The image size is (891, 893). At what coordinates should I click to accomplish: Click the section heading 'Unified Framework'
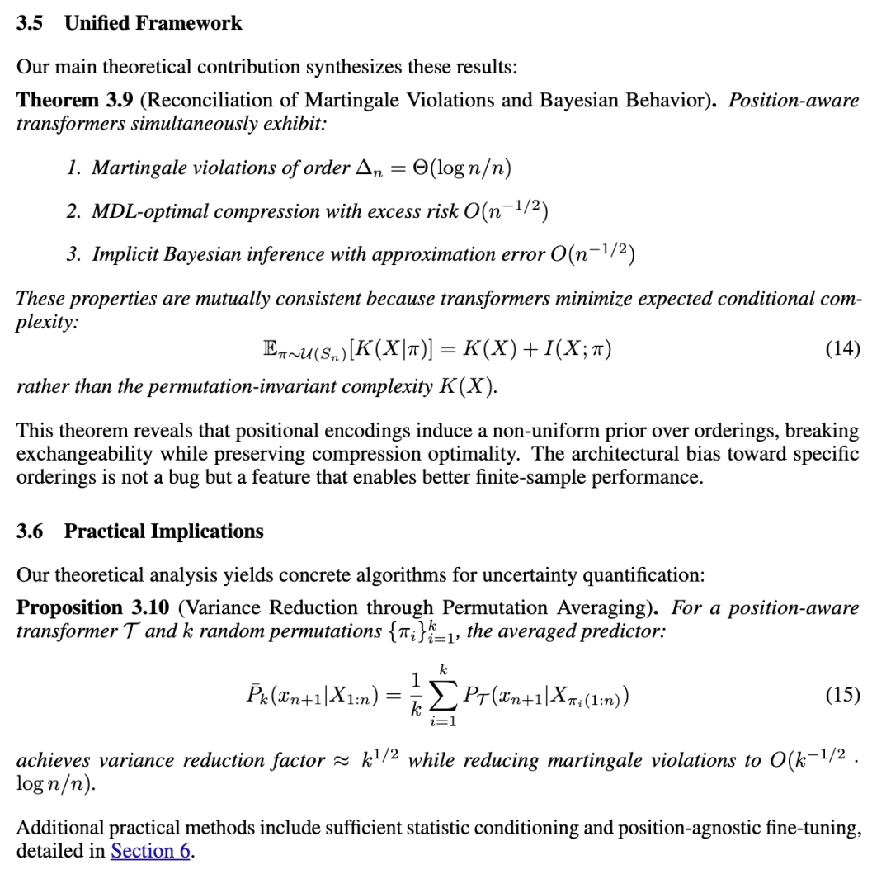point(153,23)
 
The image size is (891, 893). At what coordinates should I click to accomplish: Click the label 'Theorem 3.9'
point(69,101)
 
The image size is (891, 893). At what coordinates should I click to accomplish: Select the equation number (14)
point(842,349)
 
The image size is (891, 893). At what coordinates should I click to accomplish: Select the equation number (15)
point(842,694)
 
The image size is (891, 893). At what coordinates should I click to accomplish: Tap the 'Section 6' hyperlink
point(151,851)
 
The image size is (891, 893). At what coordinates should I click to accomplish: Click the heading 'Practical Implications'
point(163,532)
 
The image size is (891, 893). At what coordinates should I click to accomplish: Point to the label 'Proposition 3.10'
point(92,608)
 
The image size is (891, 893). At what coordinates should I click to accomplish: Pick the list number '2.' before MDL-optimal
point(74,211)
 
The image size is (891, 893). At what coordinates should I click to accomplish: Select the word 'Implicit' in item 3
point(125,255)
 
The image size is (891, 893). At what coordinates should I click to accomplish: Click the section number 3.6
point(30,532)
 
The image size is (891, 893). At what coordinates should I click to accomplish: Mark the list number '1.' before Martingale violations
point(74,168)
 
